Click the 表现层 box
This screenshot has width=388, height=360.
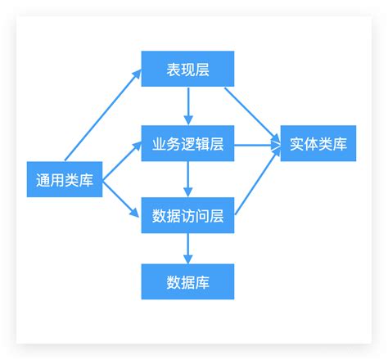[x=187, y=69]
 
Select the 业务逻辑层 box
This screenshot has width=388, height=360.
[x=187, y=144]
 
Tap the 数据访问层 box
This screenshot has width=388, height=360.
[x=187, y=216]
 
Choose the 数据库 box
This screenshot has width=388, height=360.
[x=187, y=281]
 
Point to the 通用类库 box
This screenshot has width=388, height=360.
[x=65, y=180]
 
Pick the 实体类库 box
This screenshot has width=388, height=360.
[x=318, y=144]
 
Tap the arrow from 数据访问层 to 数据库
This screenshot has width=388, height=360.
[x=188, y=249]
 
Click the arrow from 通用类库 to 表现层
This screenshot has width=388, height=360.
[x=102, y=115]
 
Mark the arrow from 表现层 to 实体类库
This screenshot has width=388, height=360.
[x=254, y=110]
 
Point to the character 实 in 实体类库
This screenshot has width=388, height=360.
[x=297, y=144]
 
